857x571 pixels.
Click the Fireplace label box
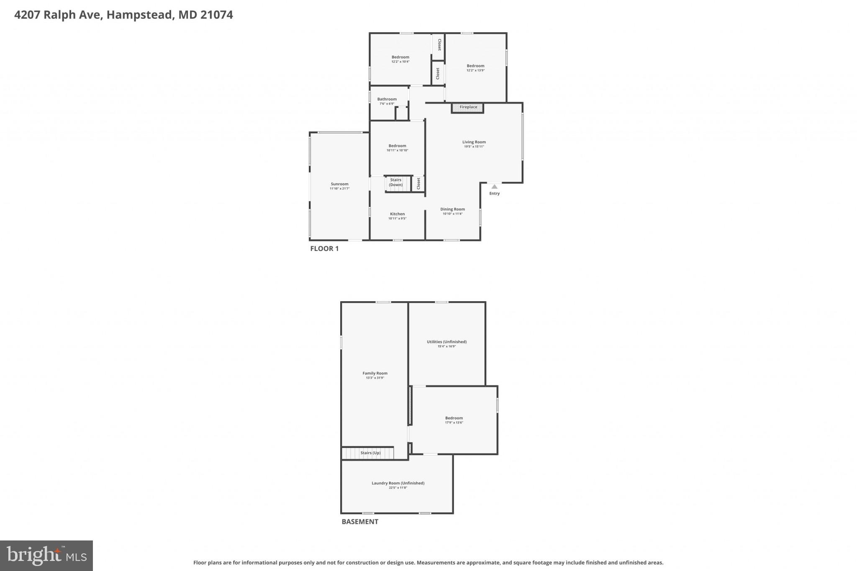[x=468, y=108]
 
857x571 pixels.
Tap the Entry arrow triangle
[x=494, y=187]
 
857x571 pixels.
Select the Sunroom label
[x=339, y=184]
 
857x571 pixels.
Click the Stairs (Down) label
[x=395, y=182]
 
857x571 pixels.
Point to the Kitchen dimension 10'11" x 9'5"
[x=397, y=218]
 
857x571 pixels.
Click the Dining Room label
[x=452, y=209]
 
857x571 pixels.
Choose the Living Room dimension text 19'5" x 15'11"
[x=474, y=147]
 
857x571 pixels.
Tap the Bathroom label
[x=387, y=99]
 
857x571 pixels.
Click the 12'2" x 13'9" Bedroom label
[x=475, y=66]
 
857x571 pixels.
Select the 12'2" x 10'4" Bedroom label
[x=400, y=57]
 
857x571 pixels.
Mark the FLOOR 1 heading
[x=324, y=248]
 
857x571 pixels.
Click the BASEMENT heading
[x=360, y=522]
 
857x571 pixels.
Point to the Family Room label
[x=375, y=373]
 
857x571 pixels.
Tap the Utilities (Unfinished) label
[x=446, y=342]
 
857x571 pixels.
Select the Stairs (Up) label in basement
[x=370, y=453]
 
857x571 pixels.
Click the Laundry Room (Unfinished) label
[x=398, y=483]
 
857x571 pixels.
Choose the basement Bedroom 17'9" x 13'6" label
[x=454, y=418]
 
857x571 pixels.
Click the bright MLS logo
[x=46, y=556]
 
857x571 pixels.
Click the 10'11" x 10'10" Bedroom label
[x=397, y=146]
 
